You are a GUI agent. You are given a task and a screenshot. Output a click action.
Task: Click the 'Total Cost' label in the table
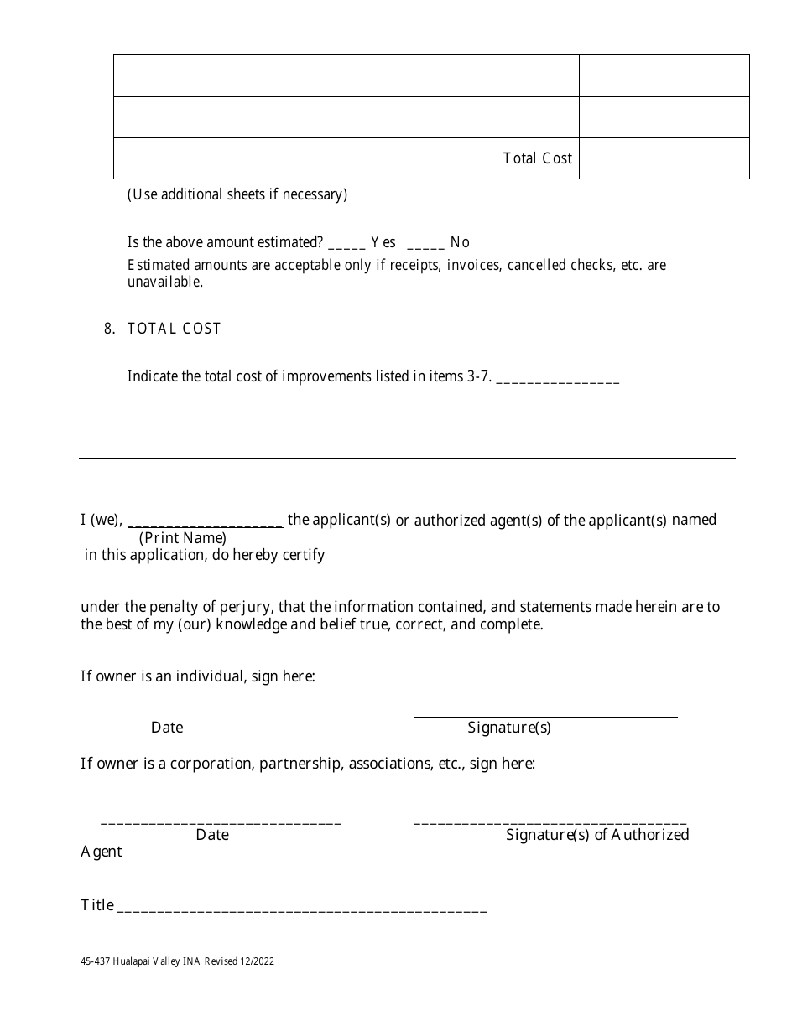[x=537, y=158]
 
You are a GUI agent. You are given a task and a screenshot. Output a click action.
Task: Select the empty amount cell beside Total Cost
[x=664, y=158]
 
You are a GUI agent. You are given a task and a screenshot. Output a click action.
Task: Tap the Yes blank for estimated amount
[x=346, y=245]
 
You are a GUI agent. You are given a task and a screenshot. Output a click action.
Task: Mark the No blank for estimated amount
[x=425, y=245]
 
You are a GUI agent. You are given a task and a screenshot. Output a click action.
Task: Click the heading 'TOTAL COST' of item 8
[x=174, y=329]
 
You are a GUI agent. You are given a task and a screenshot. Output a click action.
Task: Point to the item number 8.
[x=109, y=329]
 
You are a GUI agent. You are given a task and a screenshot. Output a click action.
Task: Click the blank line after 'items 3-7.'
[x=558, y=380]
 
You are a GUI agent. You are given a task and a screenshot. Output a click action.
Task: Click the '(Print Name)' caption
[x=183, y=538]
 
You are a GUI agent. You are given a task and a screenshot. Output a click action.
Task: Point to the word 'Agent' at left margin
[x=102, y=852]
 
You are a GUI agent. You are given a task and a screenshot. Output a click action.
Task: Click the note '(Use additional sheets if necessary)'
[x=237, y=194]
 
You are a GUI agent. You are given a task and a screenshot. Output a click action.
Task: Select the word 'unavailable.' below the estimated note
[x=165, y=282]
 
